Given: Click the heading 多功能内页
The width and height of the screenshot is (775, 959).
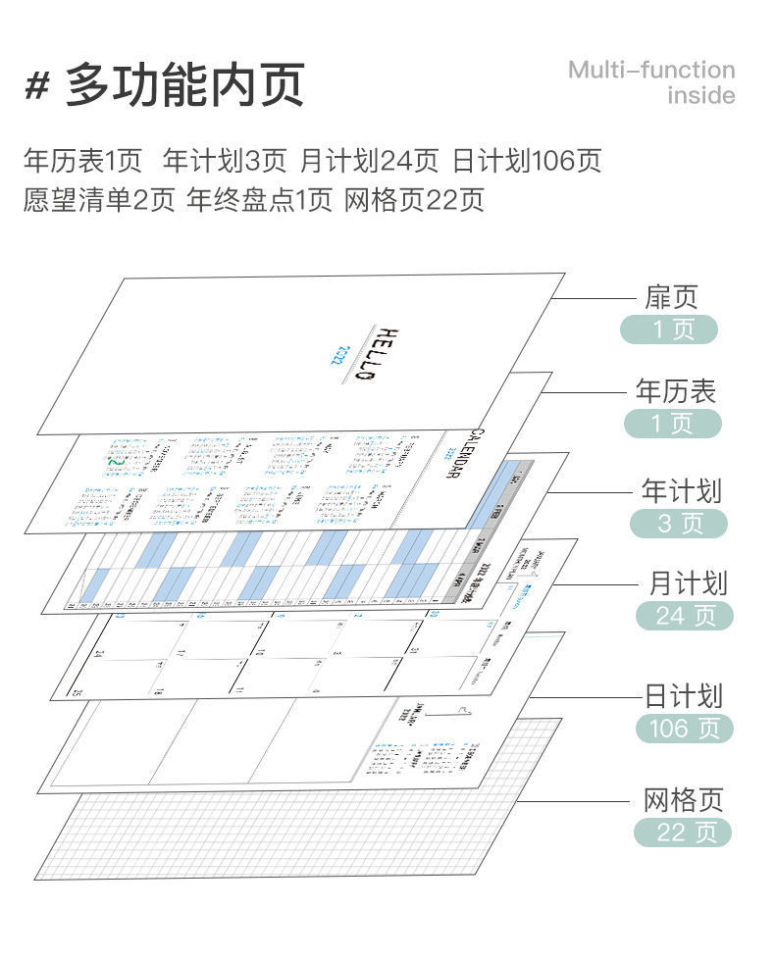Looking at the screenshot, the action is click(185, 85).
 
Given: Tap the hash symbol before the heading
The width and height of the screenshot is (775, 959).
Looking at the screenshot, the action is click(36, 86).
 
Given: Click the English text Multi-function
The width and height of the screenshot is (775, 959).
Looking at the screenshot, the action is click(651, 70).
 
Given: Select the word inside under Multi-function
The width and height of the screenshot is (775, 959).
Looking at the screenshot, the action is click(700, 96).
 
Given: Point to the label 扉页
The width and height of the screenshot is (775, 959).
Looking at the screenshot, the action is click(671, 296).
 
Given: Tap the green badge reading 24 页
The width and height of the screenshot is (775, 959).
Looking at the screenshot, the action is click(683, 616).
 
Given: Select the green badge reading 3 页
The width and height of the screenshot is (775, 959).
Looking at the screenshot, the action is click(679, 523).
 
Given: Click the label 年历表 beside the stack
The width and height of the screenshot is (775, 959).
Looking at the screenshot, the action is click(676, 391).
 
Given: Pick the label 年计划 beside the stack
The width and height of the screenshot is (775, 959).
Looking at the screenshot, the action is click(682, 490).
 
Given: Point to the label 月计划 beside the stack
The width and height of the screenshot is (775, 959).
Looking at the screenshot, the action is click(688, 583).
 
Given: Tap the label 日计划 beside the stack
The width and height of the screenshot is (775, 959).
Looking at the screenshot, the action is click(683, 696).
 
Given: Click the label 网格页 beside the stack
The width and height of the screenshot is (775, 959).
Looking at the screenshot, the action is click(684, 800).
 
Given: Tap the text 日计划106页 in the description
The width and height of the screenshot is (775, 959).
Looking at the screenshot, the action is click(526, 160).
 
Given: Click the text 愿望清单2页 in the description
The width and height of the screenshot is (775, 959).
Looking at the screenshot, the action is click(98, 200).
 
